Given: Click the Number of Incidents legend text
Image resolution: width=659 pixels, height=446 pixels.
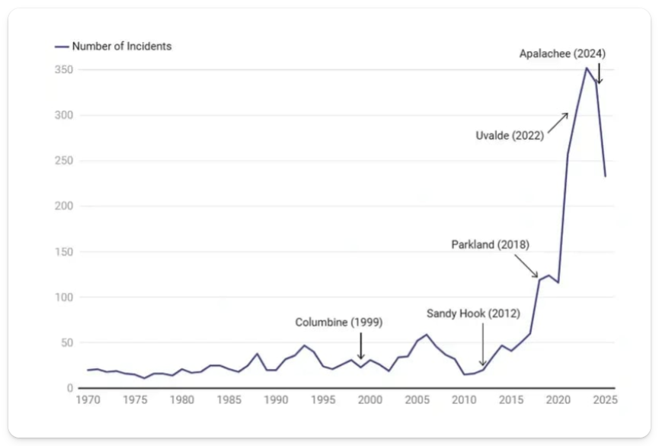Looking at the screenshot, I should coord(122,47).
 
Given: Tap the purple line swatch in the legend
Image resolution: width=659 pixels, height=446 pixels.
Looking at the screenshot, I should coord(62,47).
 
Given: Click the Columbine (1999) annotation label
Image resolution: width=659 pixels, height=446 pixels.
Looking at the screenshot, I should coord(339,322).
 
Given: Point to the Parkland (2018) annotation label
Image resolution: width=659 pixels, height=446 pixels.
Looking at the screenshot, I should coord(490,245).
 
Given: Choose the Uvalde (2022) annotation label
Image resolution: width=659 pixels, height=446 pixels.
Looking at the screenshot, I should coord(509,136).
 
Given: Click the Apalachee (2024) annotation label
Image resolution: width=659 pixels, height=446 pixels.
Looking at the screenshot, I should coord(562,53).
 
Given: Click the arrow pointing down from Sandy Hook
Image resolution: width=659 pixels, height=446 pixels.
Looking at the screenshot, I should coord(482,345).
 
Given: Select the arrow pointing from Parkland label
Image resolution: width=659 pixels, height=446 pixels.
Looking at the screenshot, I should coord(526,266).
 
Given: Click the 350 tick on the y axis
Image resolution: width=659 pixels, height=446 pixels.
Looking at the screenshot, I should coord(63,70).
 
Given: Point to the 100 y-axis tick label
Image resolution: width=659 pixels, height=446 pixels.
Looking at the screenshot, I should coord(63,297).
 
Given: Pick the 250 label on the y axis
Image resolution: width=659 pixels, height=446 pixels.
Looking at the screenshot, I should coord(63,161).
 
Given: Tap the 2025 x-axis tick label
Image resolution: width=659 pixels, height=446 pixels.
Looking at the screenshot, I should coord(606,399).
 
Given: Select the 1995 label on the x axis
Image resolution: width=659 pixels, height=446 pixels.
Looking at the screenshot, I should coord(323,399).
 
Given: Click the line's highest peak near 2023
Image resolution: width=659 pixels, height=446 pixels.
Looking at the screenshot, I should coord(586,68).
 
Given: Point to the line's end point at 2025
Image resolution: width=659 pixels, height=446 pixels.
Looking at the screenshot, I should coord(606,176).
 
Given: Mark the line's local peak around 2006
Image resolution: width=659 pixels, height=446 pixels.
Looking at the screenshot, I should coord(426,335).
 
